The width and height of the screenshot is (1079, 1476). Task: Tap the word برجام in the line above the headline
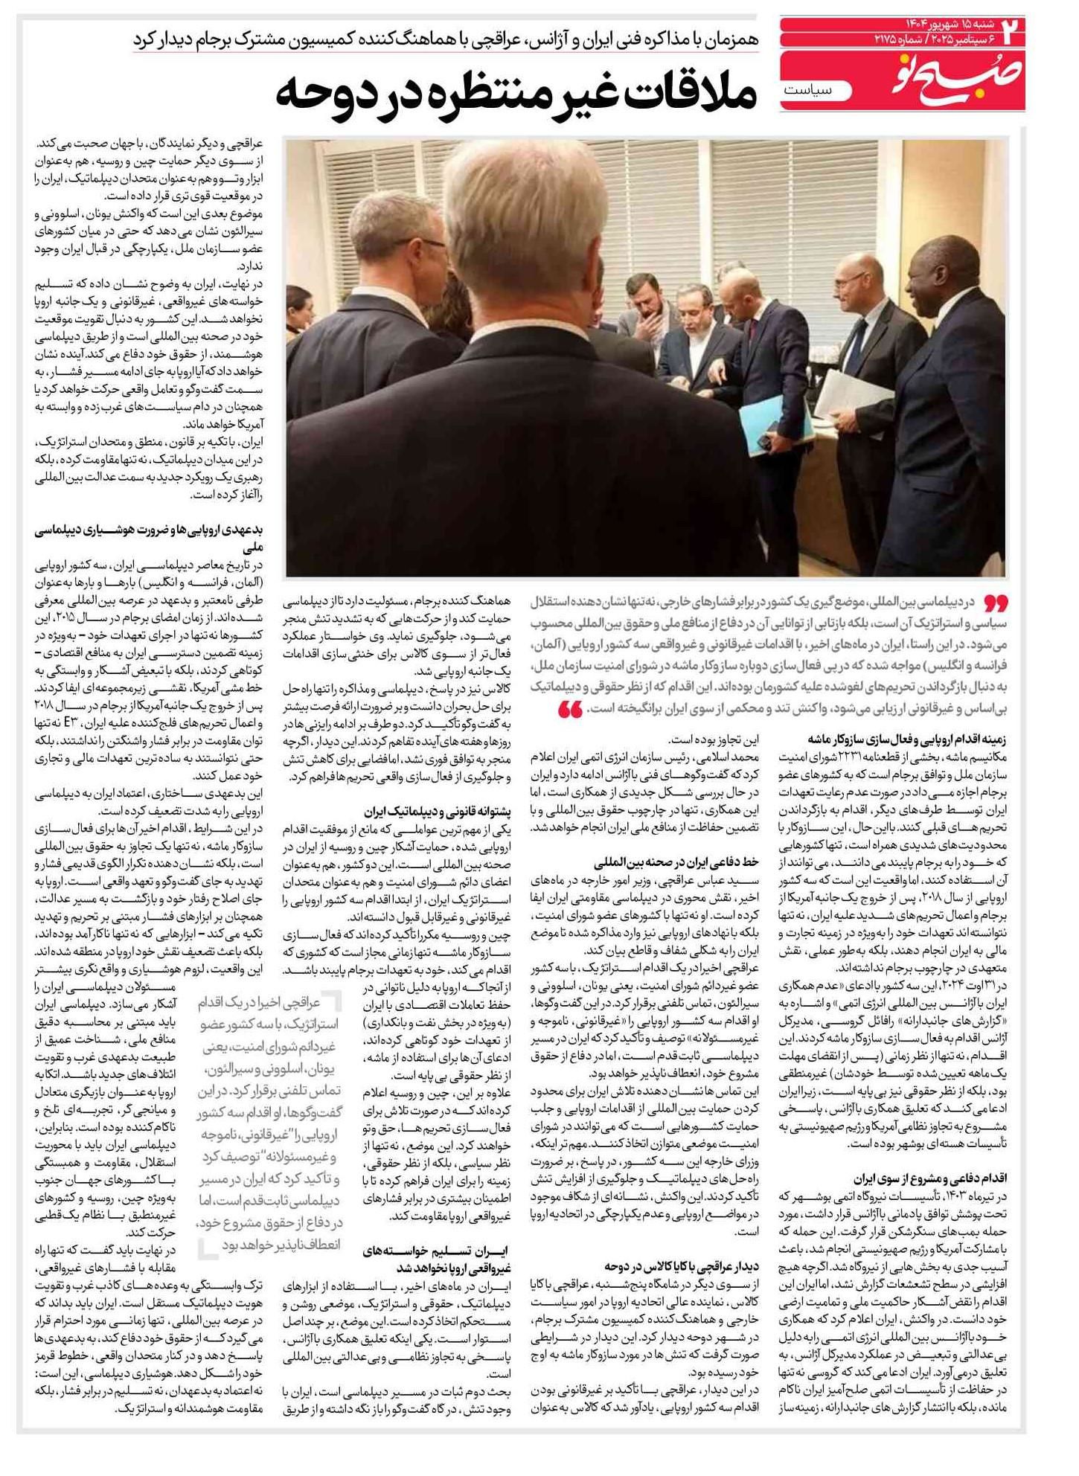click(216, 39)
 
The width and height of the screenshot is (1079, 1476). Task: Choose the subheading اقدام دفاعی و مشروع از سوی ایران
click(929, 1178)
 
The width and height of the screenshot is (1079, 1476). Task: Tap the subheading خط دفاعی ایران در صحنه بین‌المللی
click(676, 862)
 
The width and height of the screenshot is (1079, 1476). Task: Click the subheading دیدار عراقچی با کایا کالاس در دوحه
click(681, 1265)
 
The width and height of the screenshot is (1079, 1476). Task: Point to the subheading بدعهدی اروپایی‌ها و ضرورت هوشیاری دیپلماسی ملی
click(149, 538)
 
